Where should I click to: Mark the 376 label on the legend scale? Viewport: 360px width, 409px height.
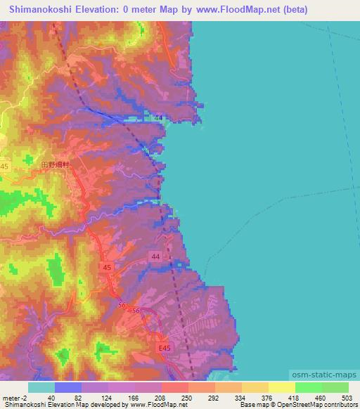[264, 397]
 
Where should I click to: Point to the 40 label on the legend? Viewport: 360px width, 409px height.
[51, 397]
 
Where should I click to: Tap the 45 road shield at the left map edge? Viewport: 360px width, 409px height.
[5, 166]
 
